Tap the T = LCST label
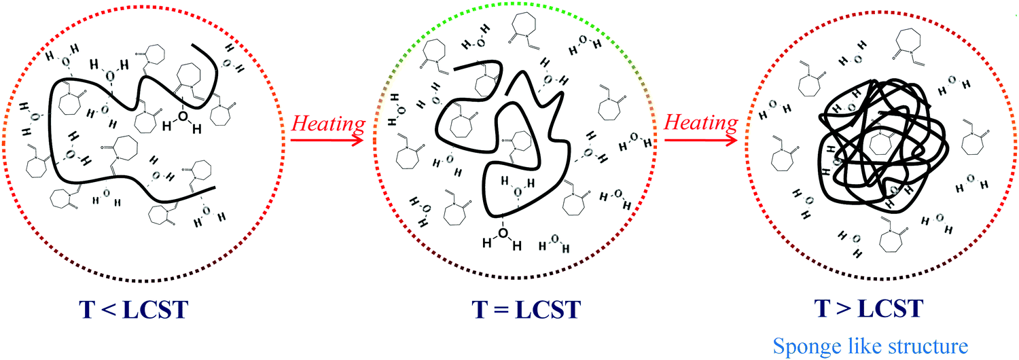526,310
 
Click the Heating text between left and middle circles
329,124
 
